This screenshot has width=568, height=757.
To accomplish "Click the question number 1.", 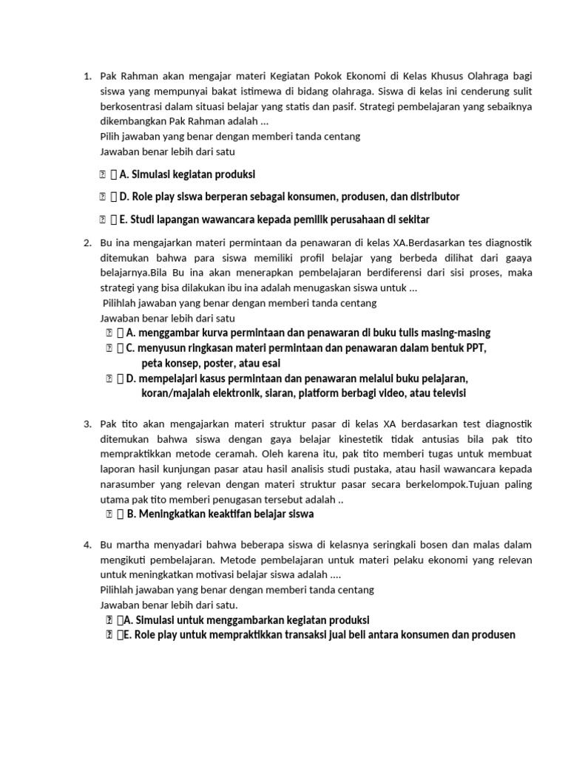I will point(87,76).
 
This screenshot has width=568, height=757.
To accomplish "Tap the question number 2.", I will point(87,242).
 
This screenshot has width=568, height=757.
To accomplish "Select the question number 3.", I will point(87,424).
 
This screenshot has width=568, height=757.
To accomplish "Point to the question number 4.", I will point(87,545).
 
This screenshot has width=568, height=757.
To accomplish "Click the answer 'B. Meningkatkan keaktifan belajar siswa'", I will point(220,514).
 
